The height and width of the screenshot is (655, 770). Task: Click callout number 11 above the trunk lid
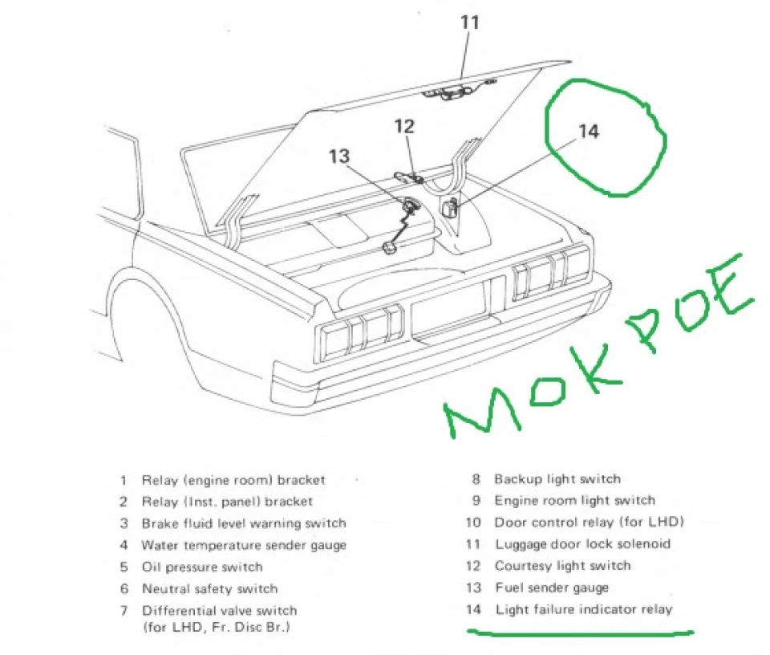pyautogui.click(x=470, y=22)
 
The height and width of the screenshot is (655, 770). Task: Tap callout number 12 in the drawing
pyautogui.click(x=404, y=127)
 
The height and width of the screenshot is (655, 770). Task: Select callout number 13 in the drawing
pyautogui.click(x=338, y=157)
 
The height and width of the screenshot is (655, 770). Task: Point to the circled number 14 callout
pyautogui.click(x=589, y=131)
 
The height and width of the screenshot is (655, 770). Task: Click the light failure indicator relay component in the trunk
pyautogui.click(x=450, y=207)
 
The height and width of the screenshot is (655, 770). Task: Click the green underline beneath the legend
pyautogui.click(x=580, y=633)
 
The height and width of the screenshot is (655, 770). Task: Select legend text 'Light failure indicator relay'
pyautogui.click(x=584, y=609)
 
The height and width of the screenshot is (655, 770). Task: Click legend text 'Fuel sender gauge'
pyautogui.click(x=552, y=588)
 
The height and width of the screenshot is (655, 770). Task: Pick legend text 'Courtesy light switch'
pyautogui.click(x=563, y=566)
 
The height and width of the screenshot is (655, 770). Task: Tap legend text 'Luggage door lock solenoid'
pyautogui.click(x=583, y=544)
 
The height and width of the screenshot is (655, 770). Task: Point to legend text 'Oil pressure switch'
pyautogui.click(x=202, y=567)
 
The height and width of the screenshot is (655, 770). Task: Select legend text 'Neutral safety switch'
pyautogui.click(x=209, y=588)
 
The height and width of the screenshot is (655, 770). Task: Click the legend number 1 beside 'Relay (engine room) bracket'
pyautogui.click(x=124, y=480)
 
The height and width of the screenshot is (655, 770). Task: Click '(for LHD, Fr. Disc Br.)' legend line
pyautogui.click(x=216, y=627)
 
